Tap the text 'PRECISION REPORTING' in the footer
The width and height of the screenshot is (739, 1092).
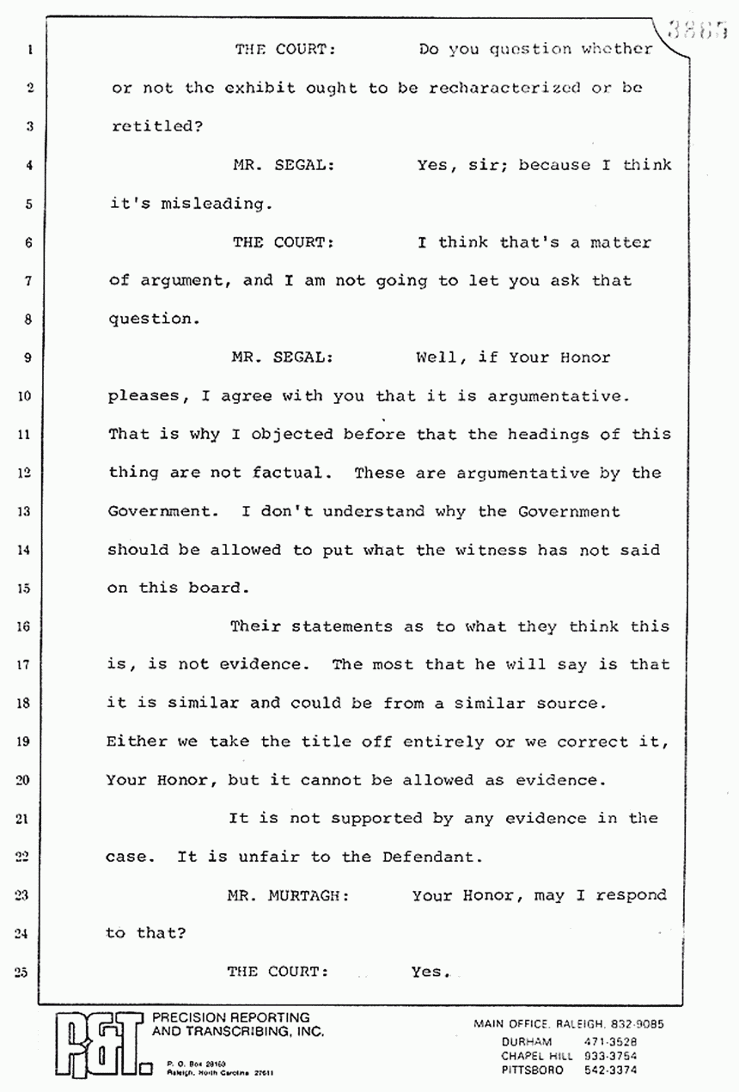[x=230, y=1017]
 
